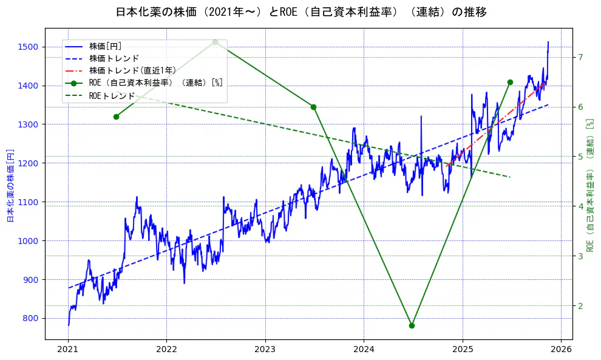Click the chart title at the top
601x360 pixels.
(300, 12)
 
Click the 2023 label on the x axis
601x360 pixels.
(265, 350)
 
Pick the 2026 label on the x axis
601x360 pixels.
(561, 350)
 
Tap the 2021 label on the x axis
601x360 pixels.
(68, 350)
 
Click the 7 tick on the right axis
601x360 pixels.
(580, 57)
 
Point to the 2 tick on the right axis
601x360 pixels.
(580, 305)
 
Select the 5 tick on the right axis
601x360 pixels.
(580, 157)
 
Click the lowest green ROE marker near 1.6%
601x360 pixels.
(412, 325)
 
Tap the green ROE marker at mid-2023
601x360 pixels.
(313, 107)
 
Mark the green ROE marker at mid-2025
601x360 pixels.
(510, 82)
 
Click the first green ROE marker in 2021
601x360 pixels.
(116, 117)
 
